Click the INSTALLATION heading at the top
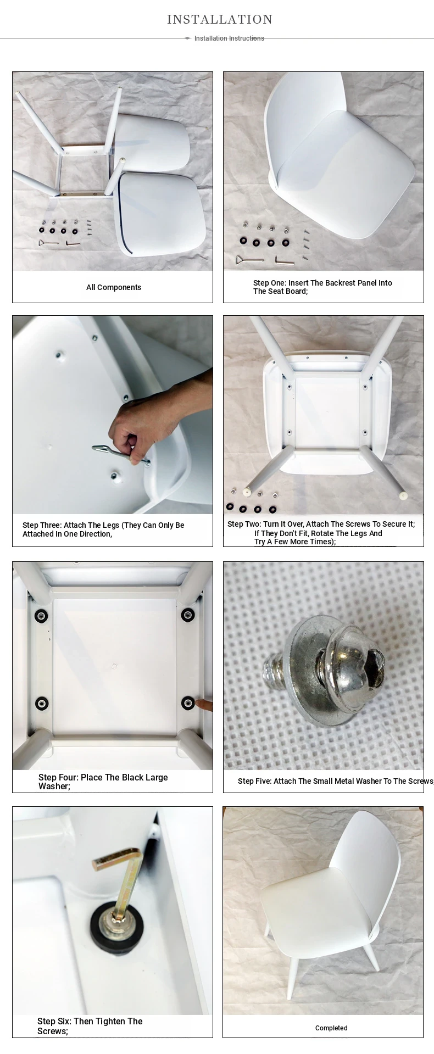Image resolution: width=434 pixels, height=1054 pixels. click(x=220, y=20)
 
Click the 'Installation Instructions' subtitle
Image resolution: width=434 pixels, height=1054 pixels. click(x=229, y=38)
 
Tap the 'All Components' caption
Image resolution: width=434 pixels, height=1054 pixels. click(x=114, y=287)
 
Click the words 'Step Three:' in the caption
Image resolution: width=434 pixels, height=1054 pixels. click(x=42, y=525)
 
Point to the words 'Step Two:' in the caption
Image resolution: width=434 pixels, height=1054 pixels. click(x=244, y=524)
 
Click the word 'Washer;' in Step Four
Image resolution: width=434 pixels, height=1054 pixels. click(x=54, y=786)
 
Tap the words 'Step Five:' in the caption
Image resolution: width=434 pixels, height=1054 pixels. click(x=254, y=781)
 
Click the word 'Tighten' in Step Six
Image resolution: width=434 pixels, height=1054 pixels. click(x=111, y=1021)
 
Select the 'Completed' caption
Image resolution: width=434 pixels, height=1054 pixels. click(x=331, y=1028)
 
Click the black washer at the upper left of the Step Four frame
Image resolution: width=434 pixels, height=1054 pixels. click(x=41, y=616)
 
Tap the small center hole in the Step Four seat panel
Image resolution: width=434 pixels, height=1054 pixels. click(x=114, y=666)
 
